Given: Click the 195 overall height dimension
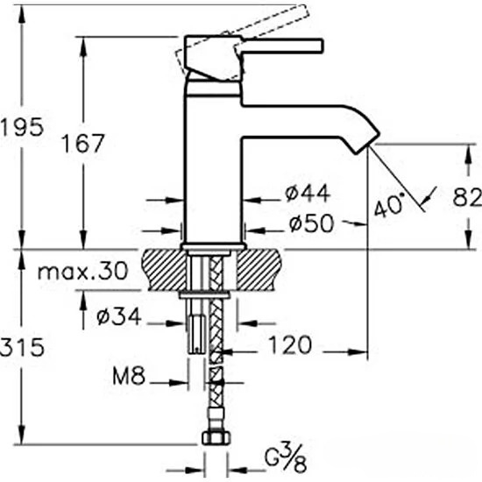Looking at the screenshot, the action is coord(22,127).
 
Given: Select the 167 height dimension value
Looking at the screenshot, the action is coord(83,143).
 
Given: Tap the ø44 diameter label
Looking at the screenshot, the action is coord(308,193).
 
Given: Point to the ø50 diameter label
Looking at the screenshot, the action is coord(311,223).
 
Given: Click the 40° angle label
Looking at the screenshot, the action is coord(389,204).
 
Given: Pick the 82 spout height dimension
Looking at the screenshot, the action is coord(467,198).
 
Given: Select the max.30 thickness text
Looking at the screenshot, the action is coord(82,271).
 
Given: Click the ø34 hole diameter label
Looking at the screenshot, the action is coord(119,316).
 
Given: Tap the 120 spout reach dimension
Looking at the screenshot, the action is coord(290,345).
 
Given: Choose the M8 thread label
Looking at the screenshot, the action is coord(129,376).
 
